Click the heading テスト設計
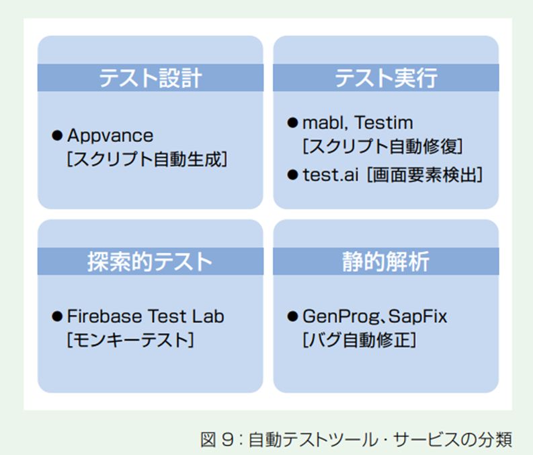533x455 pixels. pos(151,78)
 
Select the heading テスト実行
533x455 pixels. pos(386,78)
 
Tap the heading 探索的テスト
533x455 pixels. pos(150,262)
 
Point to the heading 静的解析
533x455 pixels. pos(386,262)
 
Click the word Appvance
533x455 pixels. pos(110,136)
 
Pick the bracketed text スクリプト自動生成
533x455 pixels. pos(147,159)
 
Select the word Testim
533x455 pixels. pos(384,123)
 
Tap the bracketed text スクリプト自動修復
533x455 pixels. pos(382,146)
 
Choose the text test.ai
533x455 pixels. pos(331,175)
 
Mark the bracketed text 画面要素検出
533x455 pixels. pos(425,175)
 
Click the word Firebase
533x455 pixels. pos(104,316)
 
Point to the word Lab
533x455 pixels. pos(208,316)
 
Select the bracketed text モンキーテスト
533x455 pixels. pos(130,340)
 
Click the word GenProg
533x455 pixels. pos(341,317)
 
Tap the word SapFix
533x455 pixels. pos(417,317)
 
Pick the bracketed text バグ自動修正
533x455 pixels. pos(359,340)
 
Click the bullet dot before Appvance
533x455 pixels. pos(56,135)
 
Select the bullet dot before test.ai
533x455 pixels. pos(292,175)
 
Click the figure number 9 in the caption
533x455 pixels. pos(227,439)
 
